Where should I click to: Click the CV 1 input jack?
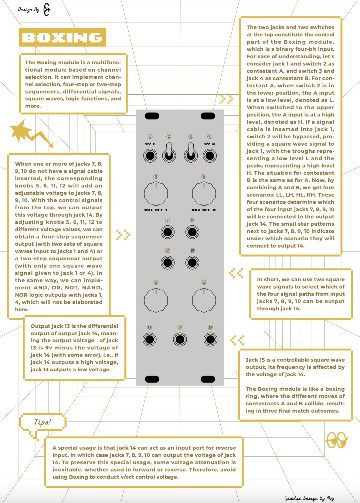(150, 156)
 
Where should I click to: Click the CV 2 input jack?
(210, 156)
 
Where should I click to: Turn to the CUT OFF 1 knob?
(156, 194)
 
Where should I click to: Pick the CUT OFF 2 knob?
(204, 194)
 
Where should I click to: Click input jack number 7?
(168, 232)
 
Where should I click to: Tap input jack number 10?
(192, 262)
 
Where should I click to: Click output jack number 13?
(150, 339)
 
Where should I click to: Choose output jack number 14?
(180, 339)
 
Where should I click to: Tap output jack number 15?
(210, 339)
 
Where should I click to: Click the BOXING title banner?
(63, 37)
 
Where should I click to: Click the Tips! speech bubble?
(43, 422)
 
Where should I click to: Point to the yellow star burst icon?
(21, 130)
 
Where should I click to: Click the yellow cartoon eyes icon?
(336, 440)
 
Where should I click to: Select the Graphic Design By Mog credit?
(309, 498)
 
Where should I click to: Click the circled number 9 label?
(168, 251)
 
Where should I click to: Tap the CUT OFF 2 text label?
(204, 210)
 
